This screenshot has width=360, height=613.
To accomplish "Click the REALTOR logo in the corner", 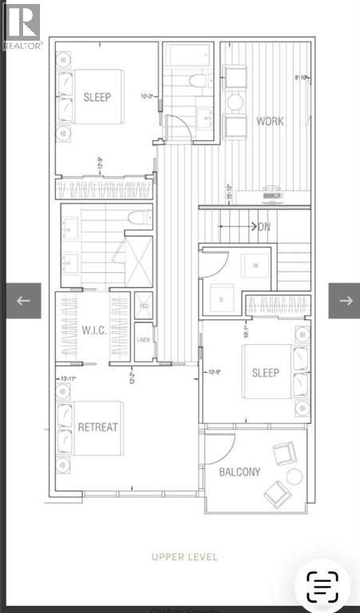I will click(x=22, y=26).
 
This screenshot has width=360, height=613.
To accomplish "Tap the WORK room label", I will click(x=270, y=122).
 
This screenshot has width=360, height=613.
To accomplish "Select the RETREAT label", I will click(x=97, y=427).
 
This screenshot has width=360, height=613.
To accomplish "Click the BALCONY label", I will click(x=239, y=472).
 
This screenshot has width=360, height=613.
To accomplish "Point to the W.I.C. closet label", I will click(x=90, y=329).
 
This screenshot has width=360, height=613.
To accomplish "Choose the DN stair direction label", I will click(x=264, y=227).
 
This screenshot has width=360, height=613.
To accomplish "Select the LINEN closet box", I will click(x=144, y=339).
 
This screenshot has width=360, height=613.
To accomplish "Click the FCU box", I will click(x=144, y=306).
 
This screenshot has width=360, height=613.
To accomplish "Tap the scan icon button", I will click(x=322, y=587).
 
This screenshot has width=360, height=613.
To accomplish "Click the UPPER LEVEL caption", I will click(x=184, y=556).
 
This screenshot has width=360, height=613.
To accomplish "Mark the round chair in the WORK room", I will click(x=235, y=102).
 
